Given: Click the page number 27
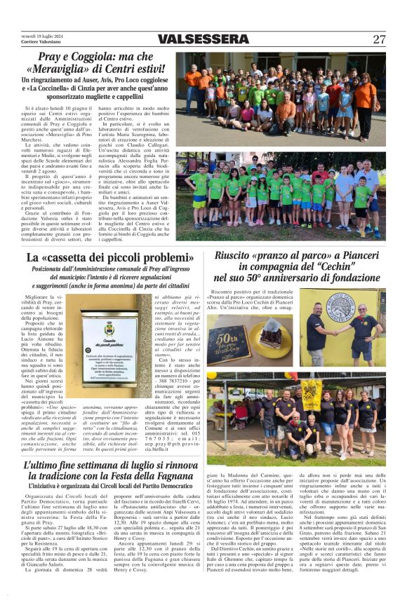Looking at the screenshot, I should coord(379,39).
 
